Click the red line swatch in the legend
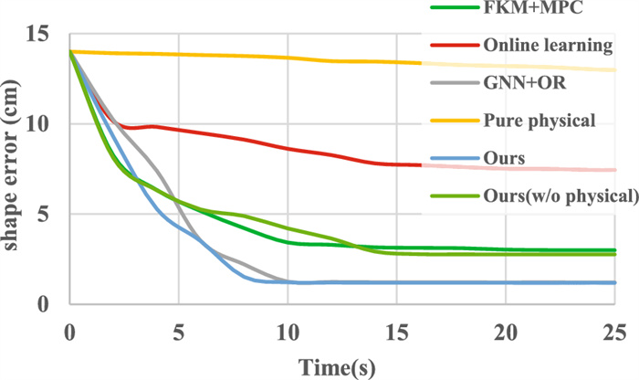454,45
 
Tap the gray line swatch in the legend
454,83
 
